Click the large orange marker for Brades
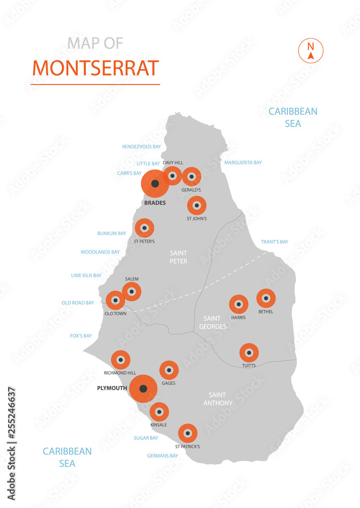(x=155, y=184)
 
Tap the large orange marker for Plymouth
(x=143, y=389)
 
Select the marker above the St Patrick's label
(x=188, y=433)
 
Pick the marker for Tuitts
(x=249, y=353)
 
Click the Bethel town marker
(x=265, y=298)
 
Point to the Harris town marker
(x=238, y=304)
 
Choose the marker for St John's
(x=196, y=206)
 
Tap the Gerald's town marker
(x=192, y=177)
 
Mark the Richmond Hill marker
(x=121, y=360)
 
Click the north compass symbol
(x=310, y=51)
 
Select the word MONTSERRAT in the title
(x=96, y=68)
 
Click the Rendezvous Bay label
(x=141, y=147)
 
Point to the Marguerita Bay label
(x=243, y=163)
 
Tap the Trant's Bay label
(x=274, y=242)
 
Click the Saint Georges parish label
(x=213, y=322)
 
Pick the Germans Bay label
(x=162, y=456)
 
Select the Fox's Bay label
(x=81, y=336)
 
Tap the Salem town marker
(x=132, y=292)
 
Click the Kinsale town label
(x=159, y=424)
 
